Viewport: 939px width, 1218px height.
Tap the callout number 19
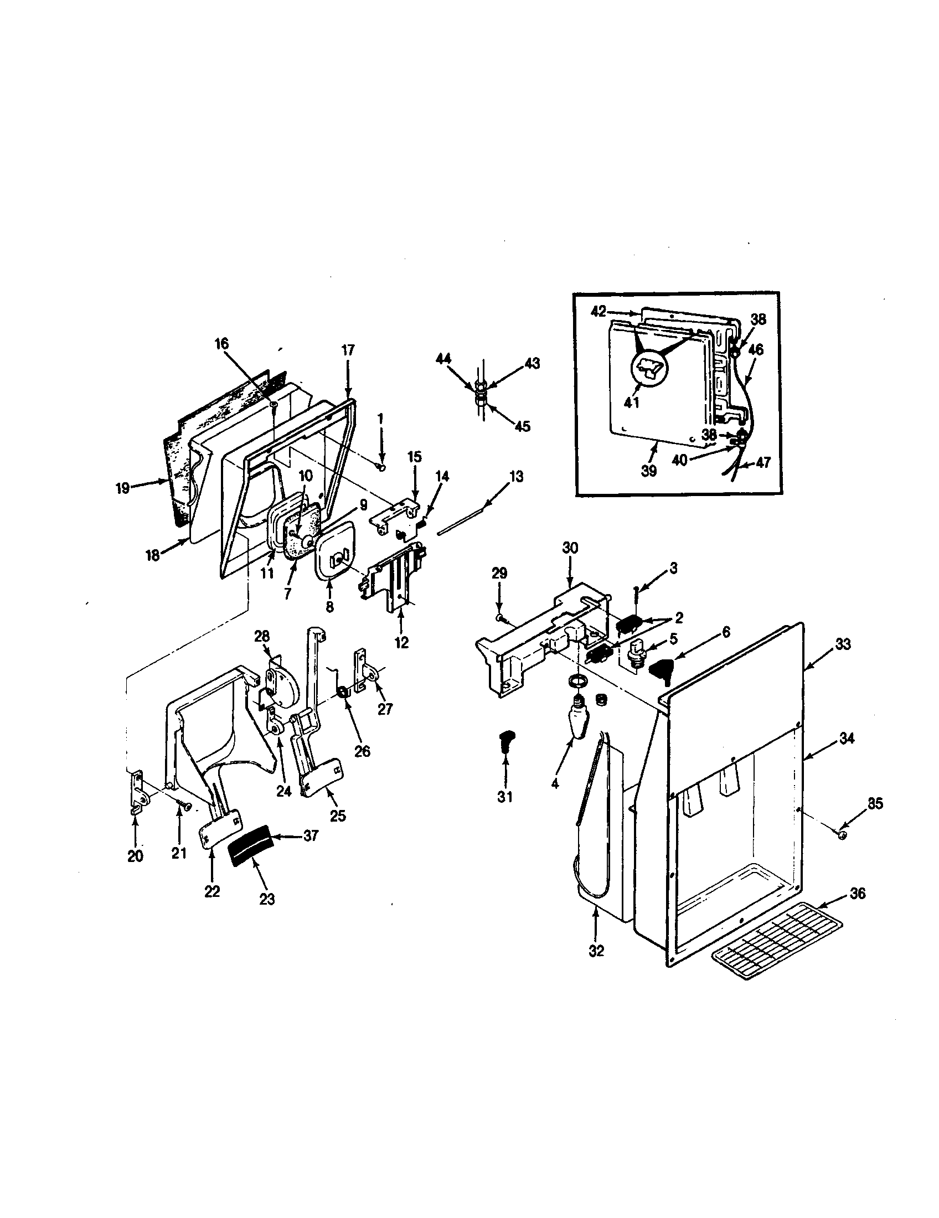click(123, 488)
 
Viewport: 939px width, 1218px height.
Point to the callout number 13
click(517, 477)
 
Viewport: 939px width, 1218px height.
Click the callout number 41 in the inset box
click(631, 402)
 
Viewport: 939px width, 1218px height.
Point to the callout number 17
click(347, 350)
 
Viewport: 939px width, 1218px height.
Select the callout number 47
click(763, 462)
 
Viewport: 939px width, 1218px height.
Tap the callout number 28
click(261, 636)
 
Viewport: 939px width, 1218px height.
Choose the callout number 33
click(843, 644)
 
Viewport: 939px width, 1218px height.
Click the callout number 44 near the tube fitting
click(443, 360)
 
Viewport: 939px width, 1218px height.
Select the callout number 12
click(401, 642)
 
